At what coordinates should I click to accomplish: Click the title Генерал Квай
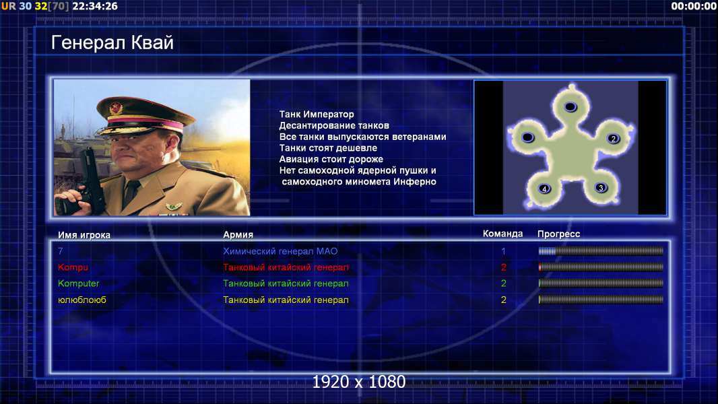[x=112, y=42]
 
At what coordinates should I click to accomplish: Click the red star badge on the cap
[x=116, y=108]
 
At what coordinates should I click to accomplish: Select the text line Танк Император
[x=317, y=114]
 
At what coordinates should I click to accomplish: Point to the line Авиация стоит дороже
[x=331, y=159]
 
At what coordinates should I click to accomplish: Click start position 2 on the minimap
[x=614, y=139]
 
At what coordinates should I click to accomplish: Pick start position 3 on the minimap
[x=601, y=188]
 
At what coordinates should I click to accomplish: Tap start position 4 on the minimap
[x=544, y=189]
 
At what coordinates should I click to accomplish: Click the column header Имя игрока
[x=84, y=235]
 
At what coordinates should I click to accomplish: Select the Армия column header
[x=238, y=234]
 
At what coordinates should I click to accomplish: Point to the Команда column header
[x=502, y=234]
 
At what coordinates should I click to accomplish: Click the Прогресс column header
[x=558, y=234]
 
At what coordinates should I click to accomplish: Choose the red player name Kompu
[x=73, y=267]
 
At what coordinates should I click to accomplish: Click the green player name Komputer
[x=78, y=283]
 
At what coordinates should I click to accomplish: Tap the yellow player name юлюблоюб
[x=82, y=300]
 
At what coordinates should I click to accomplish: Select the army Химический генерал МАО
[x=280, y=251]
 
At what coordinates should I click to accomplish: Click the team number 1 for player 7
[x=503, y=251]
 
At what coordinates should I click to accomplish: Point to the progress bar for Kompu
[x=601, y=267]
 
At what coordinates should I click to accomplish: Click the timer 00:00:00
[x=694, y=6]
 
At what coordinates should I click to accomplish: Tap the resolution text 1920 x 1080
[x=359, y=382]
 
